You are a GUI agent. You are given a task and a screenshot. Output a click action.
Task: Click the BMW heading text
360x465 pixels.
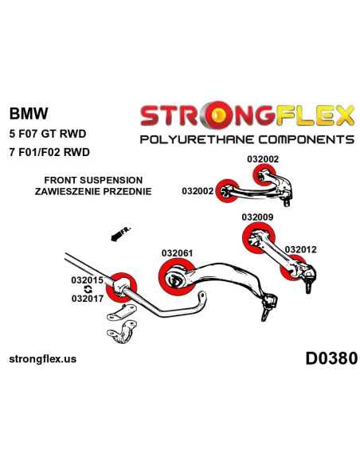coord(29,113)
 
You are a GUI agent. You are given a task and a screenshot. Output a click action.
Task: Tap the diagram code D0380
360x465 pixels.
coord(331,358)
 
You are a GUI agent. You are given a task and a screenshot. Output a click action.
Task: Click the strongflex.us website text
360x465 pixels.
coord(43,359)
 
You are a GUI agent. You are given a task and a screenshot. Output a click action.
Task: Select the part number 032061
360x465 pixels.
coord(177,253)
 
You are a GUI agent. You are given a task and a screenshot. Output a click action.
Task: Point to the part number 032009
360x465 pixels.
coord(257,217)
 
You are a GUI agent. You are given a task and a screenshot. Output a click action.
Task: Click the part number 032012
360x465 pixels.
coord(301,249)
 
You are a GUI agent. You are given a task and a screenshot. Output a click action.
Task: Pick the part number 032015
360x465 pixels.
coord(87,280)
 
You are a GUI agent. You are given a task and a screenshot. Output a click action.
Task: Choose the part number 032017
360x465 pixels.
coord(88,299)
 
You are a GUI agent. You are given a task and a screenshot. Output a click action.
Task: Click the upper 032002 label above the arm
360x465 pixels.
coord(263,159)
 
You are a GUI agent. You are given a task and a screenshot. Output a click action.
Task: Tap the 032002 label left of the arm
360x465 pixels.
coord(198,191)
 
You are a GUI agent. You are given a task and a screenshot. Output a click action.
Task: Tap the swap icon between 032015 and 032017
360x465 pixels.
coord(88,289)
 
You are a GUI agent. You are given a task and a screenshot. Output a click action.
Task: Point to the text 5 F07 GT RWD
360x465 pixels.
coord(48,134)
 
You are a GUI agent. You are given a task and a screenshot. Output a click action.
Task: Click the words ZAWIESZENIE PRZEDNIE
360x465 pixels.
coord(93,191)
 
